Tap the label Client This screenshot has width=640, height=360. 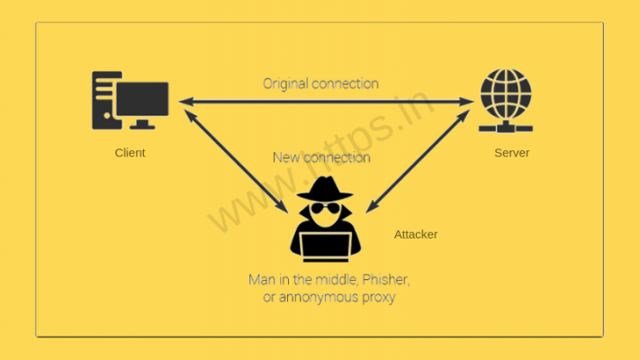(130, 153)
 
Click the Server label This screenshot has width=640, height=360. (511, 153)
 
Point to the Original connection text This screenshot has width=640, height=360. (320, 84)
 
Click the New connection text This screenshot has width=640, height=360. (320, 157)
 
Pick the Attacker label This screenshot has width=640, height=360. (415, 234)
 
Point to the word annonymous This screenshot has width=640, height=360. (318, 297)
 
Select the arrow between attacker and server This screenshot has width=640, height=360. (419, 157)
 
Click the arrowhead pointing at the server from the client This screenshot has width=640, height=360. (466, 102)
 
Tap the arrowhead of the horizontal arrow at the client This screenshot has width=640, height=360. (184, 102)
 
